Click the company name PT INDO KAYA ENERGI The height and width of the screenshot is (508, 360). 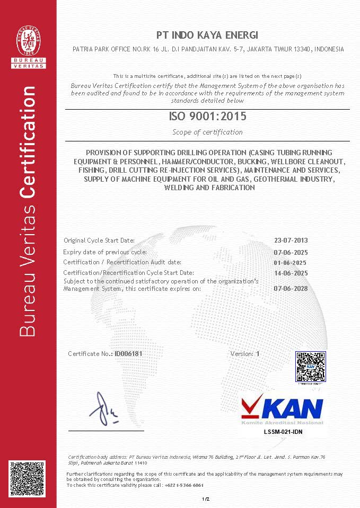207,35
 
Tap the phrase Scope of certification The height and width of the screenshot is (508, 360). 207,132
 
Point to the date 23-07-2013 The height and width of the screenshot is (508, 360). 291,240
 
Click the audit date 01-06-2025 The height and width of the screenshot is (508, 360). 290,263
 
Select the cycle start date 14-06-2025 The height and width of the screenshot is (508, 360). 291,273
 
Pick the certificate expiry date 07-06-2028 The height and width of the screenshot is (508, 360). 291,289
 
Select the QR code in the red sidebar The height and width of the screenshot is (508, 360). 28,478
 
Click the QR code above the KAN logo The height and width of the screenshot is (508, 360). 310,366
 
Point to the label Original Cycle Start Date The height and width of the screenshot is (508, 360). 99,240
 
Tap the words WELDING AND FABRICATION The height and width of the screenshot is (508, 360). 209,188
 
